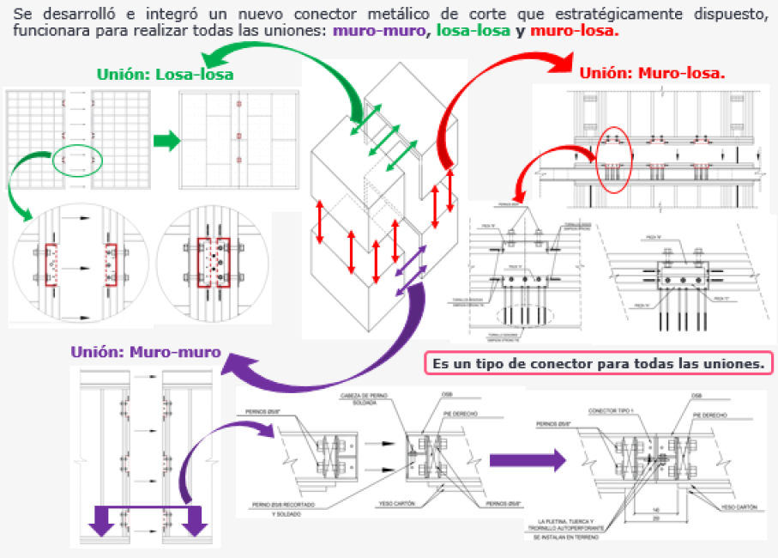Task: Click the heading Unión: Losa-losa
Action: [x=165, y=76]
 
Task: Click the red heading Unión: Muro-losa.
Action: [x=652, y=73]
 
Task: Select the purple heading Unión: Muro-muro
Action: [x=146, y=352]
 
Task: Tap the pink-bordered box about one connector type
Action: [x=599, y=363]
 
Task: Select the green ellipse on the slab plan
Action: [x=77, y=159]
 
